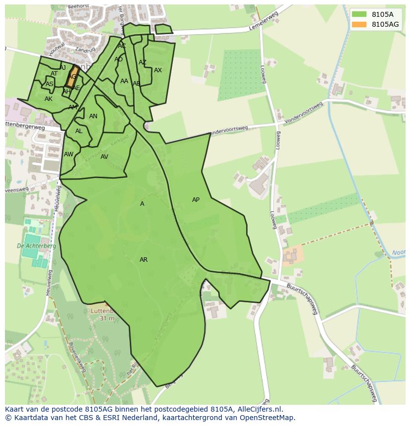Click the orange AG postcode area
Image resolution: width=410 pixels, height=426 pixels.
tap(73, 77)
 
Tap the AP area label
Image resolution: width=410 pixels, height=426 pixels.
tap(196, 200)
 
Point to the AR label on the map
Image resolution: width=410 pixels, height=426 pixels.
tap(144, 260)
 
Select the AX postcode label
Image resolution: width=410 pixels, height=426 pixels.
tap(158, 70)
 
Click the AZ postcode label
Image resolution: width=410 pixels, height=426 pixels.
tap(143, 62)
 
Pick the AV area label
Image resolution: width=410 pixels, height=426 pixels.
tap(104, 157)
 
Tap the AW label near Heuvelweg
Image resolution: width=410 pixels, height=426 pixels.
tap(68, 154)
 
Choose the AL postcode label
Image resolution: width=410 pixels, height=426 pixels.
tap(79, 131)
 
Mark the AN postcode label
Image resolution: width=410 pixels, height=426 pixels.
tap(93, 116)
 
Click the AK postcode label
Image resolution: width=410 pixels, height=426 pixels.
tap(49, 99)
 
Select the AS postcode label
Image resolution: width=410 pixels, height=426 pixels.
tap(50, 84)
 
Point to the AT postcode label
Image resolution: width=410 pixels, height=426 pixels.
tap(54, 74)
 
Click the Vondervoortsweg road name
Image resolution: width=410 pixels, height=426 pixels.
tap(228, 130)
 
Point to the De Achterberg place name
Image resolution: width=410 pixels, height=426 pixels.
tap(37, 246)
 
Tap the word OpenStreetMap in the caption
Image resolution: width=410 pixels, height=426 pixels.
tap(271, 418)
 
